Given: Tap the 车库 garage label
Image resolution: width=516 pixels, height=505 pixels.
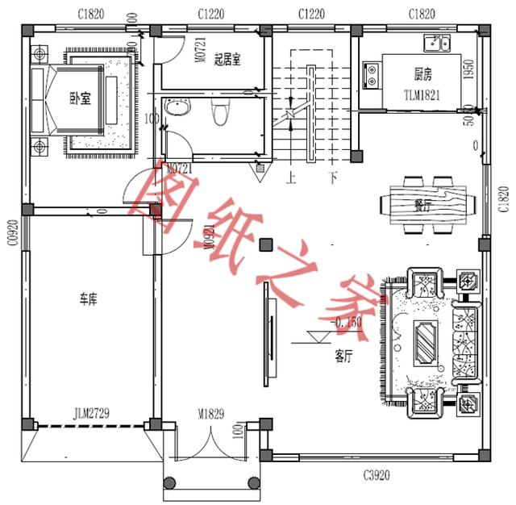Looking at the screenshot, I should [x=88, y=300].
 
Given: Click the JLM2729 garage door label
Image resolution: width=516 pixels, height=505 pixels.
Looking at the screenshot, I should [x=90, y=414].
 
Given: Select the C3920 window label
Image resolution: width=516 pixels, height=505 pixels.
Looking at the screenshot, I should [x=376, y=475].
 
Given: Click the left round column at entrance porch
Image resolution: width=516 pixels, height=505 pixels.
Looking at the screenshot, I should [x=169, y=483].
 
